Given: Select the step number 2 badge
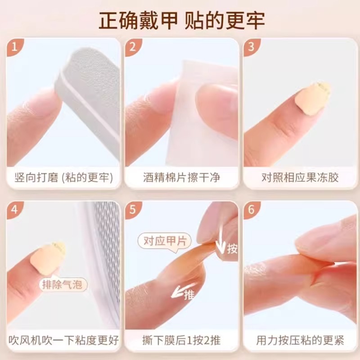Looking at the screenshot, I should pos(133,47).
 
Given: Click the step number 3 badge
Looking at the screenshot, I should pos(251,47).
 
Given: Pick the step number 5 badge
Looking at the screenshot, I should pos(133,210).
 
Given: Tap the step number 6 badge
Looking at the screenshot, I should pos(251,210).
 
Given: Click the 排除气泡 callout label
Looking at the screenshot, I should pos(63,284).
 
